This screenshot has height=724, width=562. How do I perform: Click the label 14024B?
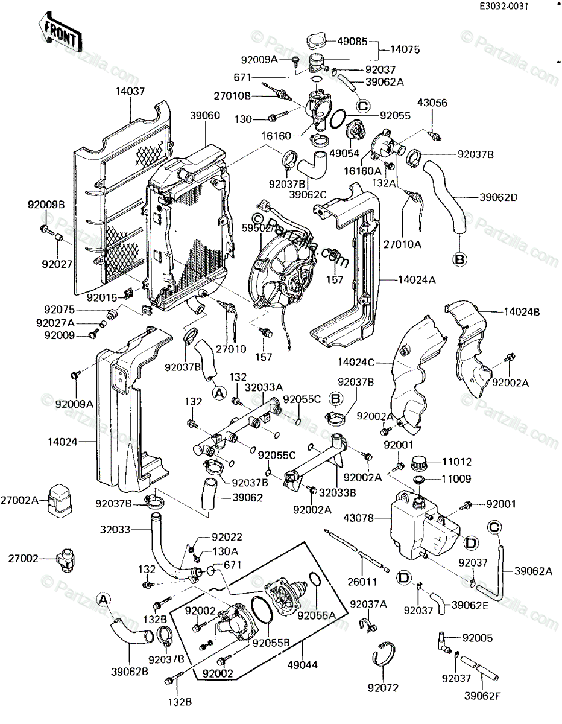[x=522, y=312]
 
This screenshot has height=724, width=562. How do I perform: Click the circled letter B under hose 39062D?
[x=460, y=259]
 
